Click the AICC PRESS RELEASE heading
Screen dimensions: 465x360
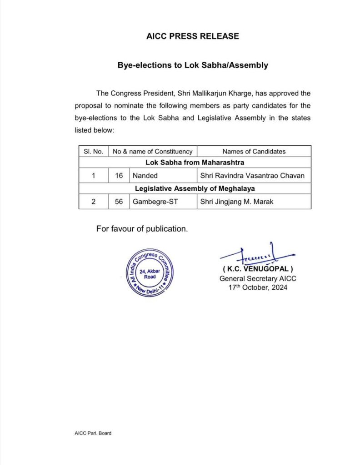coord(193,36)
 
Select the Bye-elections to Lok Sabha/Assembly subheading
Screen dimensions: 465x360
coord(193,65)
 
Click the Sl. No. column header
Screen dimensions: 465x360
coord(93,151)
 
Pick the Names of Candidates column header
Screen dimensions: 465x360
coord(254,151)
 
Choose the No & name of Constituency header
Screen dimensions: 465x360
coord(152,151)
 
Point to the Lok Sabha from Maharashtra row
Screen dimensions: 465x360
coord(195,162)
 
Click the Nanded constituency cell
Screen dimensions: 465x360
coord(145,175)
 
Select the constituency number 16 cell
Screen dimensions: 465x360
coord(119,175)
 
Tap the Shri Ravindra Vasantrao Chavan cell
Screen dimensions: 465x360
coord(253,175)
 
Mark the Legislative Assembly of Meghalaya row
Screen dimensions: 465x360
coord(195,188)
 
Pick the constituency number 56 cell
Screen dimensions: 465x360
coord(119,202)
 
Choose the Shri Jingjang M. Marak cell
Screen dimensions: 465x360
coord(237,202)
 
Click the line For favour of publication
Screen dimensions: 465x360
coord(142,229)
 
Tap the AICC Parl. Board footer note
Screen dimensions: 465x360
coord(93,433)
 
